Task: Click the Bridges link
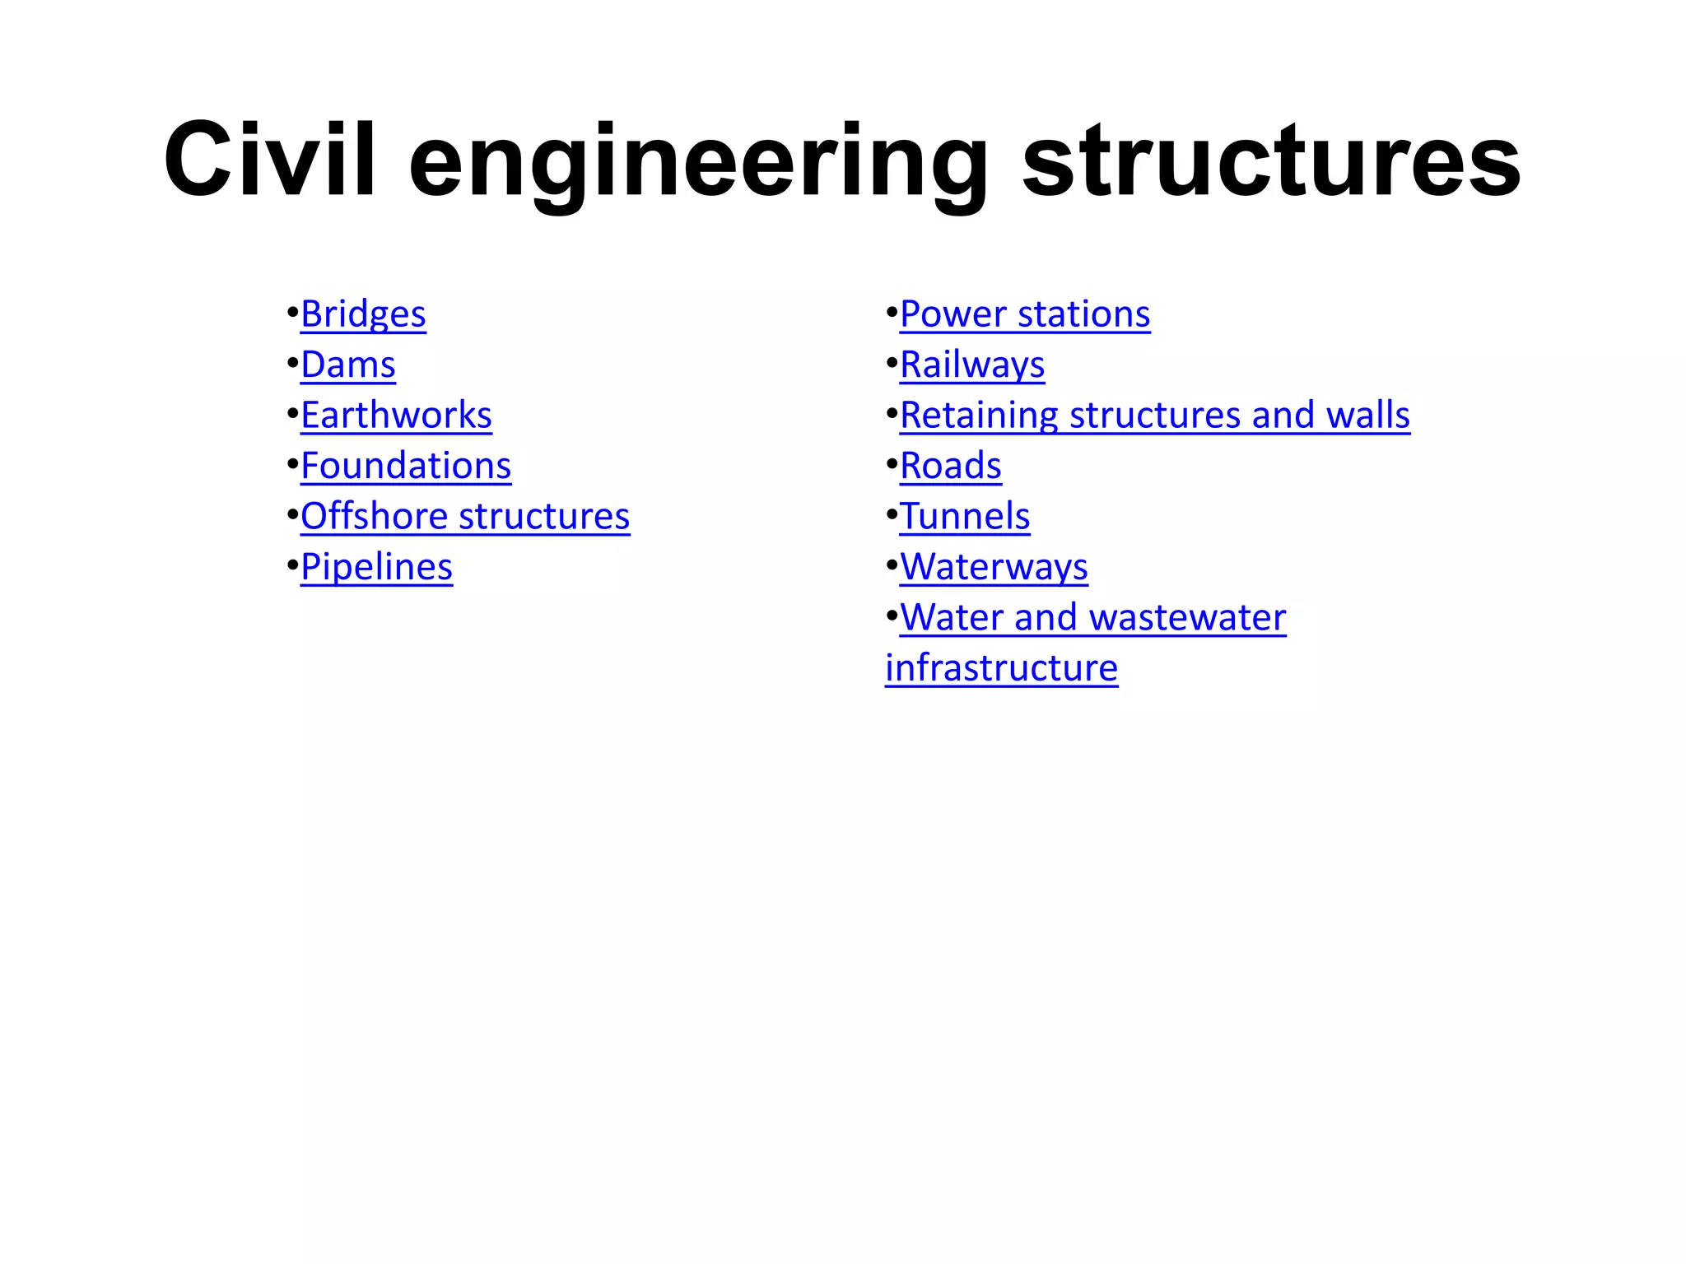click(363, 314)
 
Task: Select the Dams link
click(348, 365)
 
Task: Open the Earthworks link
click(396, 415)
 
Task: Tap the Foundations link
click(406, 466)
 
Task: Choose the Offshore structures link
click(465, 517)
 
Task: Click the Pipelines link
click(376, 567)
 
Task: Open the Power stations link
click(1025, 314)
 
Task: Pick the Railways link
click(972, 365)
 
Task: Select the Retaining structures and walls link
click(1155, 415)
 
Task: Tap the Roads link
click(951, 466)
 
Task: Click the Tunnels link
click(965, 517)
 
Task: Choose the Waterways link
click(994, 567)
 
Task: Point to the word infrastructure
click(1001, 668)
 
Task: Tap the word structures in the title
click(1271, 160)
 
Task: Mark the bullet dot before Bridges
click(291, 314)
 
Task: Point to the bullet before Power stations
click(891, 314)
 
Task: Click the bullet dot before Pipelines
click(291, 566)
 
